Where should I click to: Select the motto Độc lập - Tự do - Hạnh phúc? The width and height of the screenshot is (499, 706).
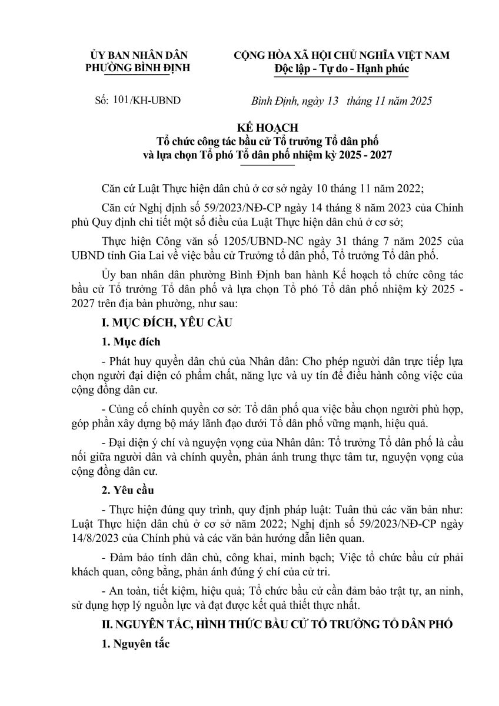[341, 69]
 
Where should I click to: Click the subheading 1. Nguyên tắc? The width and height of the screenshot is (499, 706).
[135, 644]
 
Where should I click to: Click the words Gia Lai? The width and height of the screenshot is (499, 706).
[170, 254]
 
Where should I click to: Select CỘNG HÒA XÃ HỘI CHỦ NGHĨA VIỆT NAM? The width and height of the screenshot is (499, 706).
[341, 55]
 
